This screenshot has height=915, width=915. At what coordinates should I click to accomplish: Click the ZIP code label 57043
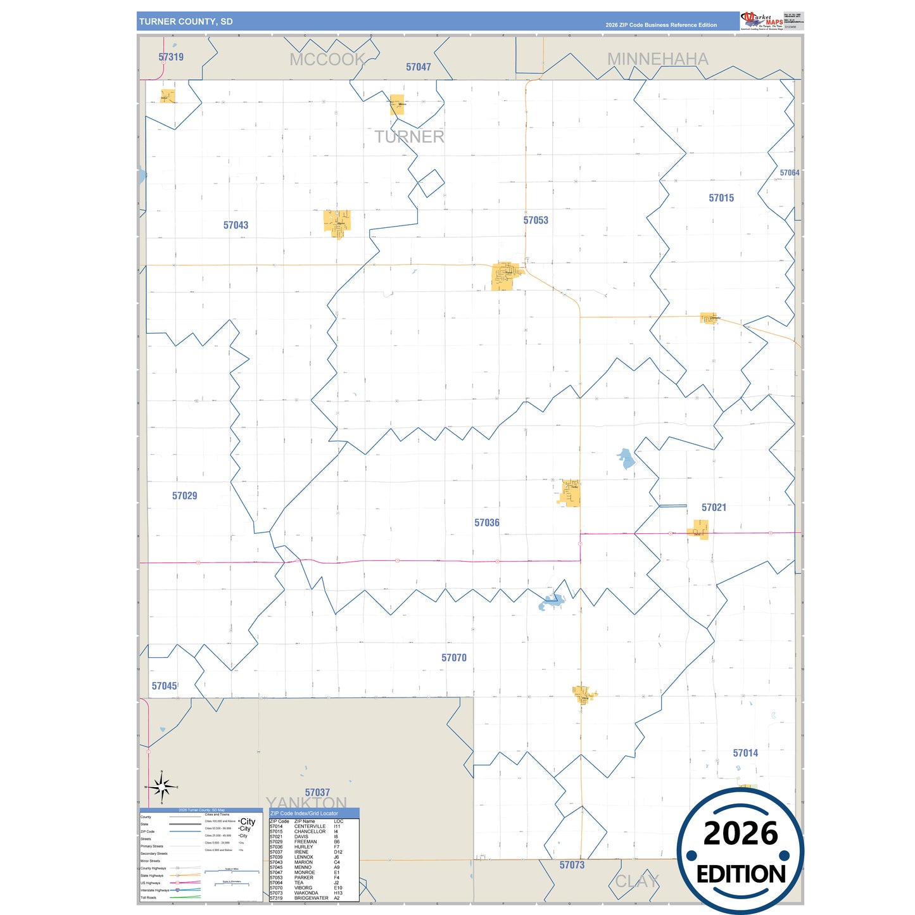[x=236, y=225]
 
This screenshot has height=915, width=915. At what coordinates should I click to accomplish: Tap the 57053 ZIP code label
[x=536, y=220]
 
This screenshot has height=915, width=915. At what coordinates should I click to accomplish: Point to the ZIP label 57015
[x=721, y=198]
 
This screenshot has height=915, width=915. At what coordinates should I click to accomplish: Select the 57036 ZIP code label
[x=487, y=523]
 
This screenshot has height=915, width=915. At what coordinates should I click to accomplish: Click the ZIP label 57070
[x=454, y=658]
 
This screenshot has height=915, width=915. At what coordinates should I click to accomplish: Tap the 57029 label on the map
[x=184, y=496]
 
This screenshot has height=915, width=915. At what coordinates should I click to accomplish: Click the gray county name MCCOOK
[x=327, y=60]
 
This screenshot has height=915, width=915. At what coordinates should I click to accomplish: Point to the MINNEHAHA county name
[x=657, y=59]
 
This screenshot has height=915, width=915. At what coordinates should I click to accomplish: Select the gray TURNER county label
[x=409, y=137]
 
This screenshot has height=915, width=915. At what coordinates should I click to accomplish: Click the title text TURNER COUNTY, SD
[x=186, y=22]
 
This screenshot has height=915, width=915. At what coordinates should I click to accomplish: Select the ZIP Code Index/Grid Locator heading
[x=304, y=813]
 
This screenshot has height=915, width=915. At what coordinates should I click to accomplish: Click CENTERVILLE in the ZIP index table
[x=310, y=826]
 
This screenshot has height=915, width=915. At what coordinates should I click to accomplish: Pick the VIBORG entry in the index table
[x=303, y=888]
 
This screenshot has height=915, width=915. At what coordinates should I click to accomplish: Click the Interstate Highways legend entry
[x=155, y=890]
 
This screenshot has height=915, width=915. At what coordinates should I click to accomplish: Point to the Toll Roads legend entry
[x=149, y=897]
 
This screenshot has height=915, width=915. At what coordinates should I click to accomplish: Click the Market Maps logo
[x=762, y=20]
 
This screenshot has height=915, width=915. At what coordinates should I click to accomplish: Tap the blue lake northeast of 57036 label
[x=626, y=458]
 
